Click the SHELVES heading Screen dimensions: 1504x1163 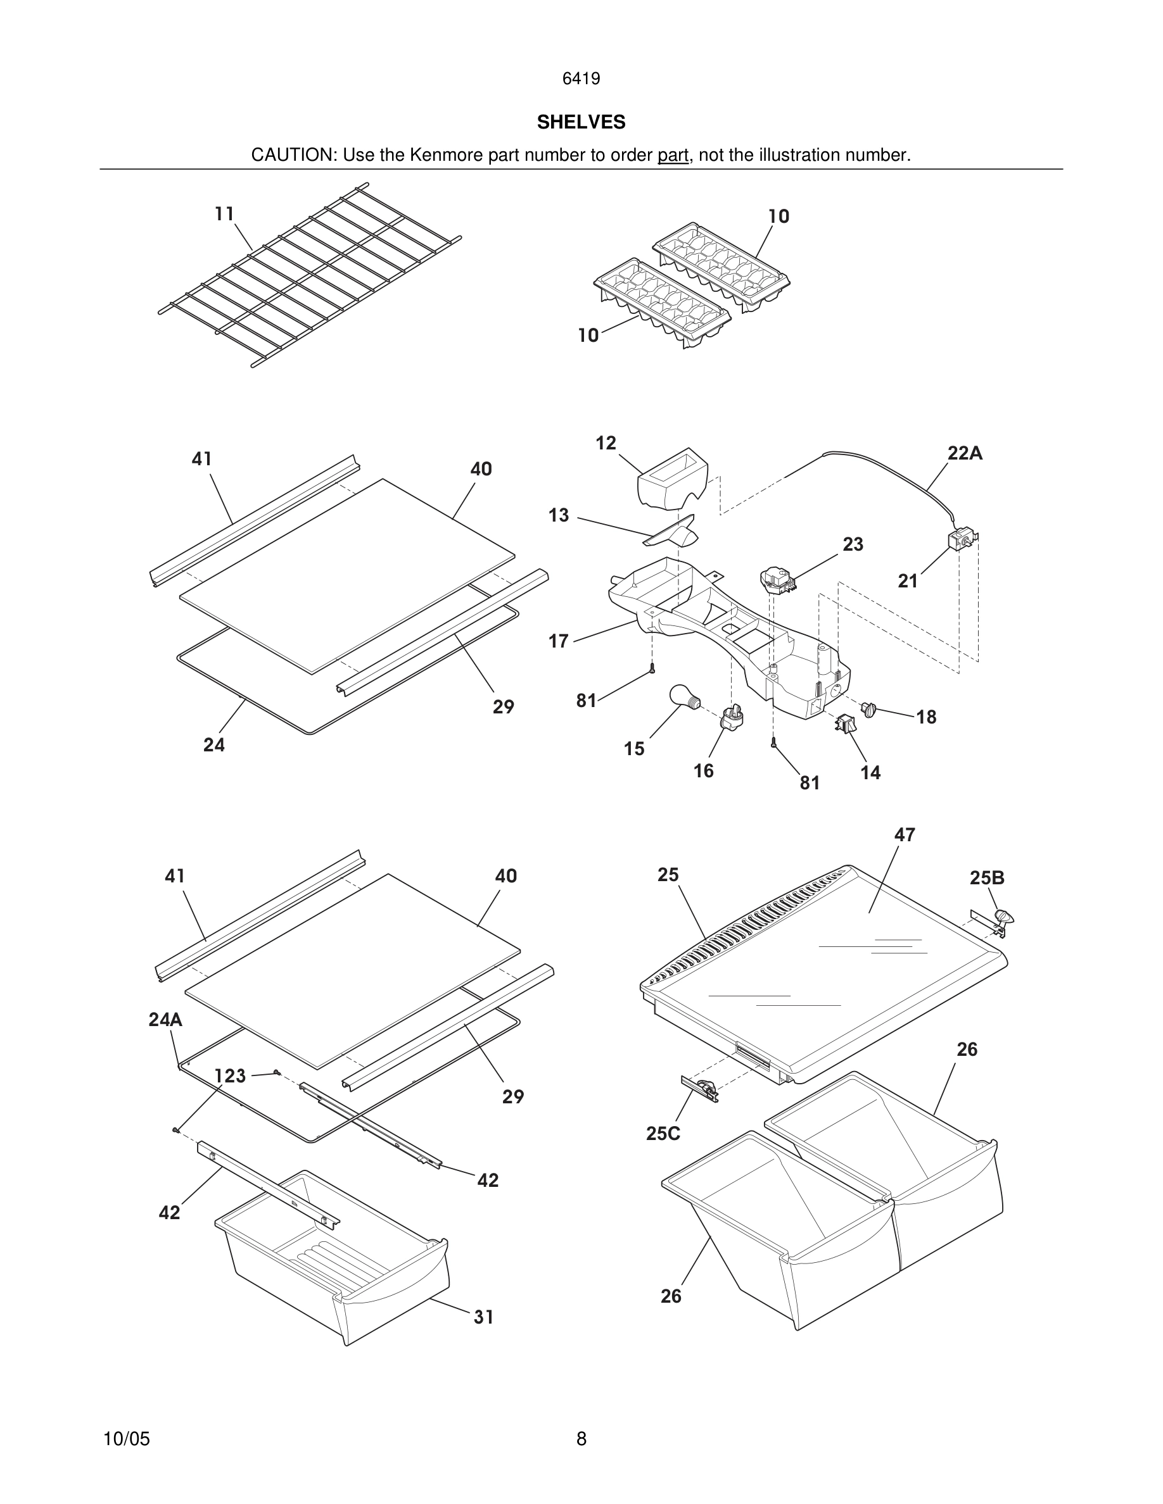click(x=581, y=122)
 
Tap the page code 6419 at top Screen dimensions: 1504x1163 click(x=581, y=79)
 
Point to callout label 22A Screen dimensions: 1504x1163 click(x=965, y=453)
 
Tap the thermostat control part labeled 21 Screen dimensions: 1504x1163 click(x=962, y=539)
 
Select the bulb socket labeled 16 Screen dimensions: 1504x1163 click(x=732, y=718)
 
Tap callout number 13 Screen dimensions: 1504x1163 click(x=559, y=515)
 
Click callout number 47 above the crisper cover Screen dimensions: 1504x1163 click(x=905, y=835)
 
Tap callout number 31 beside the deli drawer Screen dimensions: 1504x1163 click(x=484, y=1317)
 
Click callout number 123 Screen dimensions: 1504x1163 click(x=230, y=1075)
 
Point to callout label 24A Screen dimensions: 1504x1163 click(x=165, y=1020)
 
